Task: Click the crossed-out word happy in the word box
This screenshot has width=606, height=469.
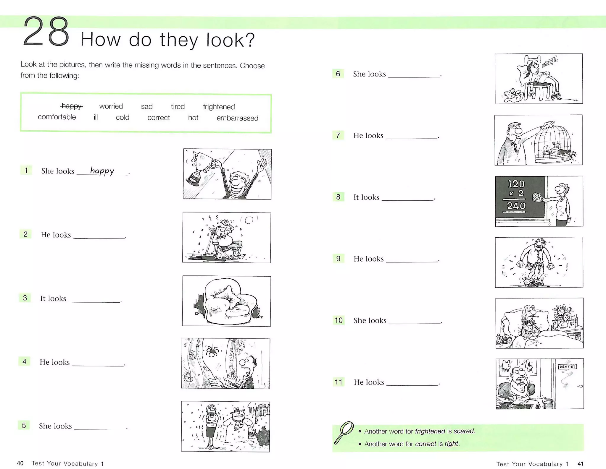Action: click(71, 106)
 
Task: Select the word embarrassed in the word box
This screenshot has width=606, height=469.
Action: click(237, 118)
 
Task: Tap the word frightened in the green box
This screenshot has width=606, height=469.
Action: click(219, 107)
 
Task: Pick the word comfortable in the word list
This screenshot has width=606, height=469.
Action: click(57, 117)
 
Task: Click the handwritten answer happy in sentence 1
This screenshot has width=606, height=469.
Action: click(102, 171)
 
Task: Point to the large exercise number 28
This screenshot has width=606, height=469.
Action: click(46, 32)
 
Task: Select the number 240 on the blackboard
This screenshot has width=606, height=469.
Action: click(516, 206)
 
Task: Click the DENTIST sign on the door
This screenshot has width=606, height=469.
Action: click(567, 367)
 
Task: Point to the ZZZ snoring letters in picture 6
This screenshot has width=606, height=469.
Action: click(550, 62)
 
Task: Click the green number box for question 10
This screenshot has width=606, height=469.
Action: click(339, 320)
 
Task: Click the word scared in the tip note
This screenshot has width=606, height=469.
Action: click(463, 431)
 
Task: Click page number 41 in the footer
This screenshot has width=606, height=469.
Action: click(580, 464)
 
